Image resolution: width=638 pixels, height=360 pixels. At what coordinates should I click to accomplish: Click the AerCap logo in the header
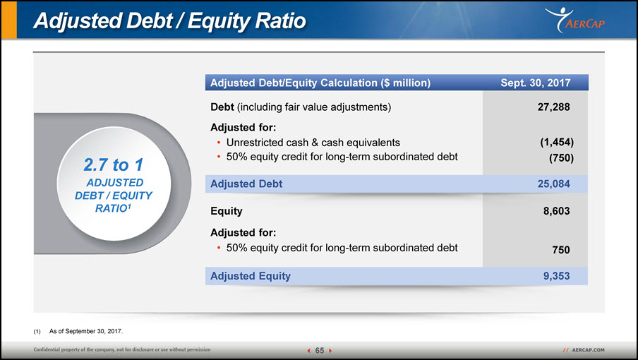click(575, 20)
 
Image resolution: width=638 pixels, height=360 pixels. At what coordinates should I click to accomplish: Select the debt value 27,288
click(553, 107)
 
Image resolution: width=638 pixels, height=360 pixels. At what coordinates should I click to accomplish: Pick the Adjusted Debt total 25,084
click(553, 184)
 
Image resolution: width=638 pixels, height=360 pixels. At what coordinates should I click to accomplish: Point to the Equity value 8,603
click(556, 211)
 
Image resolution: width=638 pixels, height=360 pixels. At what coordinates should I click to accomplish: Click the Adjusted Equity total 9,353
click(556, 276)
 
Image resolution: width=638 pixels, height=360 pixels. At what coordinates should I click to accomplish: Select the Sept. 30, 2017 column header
click(536, 83)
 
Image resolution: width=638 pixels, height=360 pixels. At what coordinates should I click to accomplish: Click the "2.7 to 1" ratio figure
click(114, 164)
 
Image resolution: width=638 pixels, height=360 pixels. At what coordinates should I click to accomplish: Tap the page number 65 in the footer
click(320, 350)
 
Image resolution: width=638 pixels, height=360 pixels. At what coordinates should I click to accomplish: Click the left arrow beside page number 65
click(309, 351)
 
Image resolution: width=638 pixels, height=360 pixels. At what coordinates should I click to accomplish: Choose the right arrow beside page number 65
click(330, 351)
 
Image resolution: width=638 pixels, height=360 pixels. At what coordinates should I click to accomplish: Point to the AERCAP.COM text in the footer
click(588, 350)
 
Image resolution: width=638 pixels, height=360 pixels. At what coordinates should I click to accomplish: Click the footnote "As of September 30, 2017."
click(86, 331)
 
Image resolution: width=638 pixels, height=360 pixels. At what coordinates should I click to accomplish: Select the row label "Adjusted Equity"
click(251, 276)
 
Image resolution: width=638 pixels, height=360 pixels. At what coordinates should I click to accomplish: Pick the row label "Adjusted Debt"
click(246, 184)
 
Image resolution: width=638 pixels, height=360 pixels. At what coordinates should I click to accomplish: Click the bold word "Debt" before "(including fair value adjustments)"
click(222, 107)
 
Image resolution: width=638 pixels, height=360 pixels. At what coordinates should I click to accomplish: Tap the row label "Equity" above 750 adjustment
click(227, 211)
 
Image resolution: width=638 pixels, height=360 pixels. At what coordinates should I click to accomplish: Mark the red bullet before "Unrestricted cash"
click(219, 143)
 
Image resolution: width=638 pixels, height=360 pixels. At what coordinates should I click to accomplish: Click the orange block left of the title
click(9, 20)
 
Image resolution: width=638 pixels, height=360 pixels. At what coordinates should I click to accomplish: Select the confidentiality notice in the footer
click(122, 349)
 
